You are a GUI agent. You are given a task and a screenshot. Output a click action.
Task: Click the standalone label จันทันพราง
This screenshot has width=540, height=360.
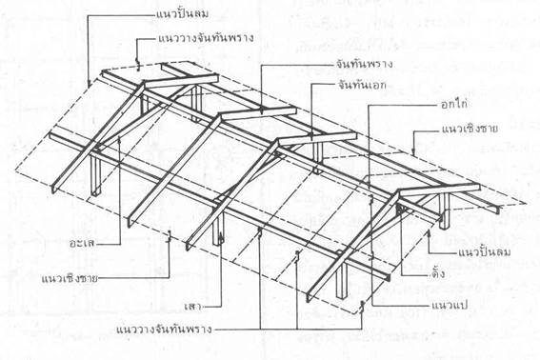pos(340,64)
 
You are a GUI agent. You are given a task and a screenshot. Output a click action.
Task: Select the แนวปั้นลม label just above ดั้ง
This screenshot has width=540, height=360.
pos(466,250)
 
